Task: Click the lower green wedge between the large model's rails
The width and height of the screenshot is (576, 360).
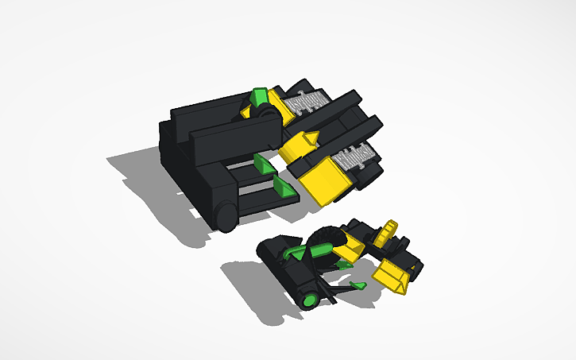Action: click(282, 188)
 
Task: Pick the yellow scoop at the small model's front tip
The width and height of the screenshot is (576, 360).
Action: click(391, 276)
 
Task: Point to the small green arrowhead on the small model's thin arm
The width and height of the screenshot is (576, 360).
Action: click(357, 284)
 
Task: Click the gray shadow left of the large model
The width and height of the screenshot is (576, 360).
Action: click(139, 171)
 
